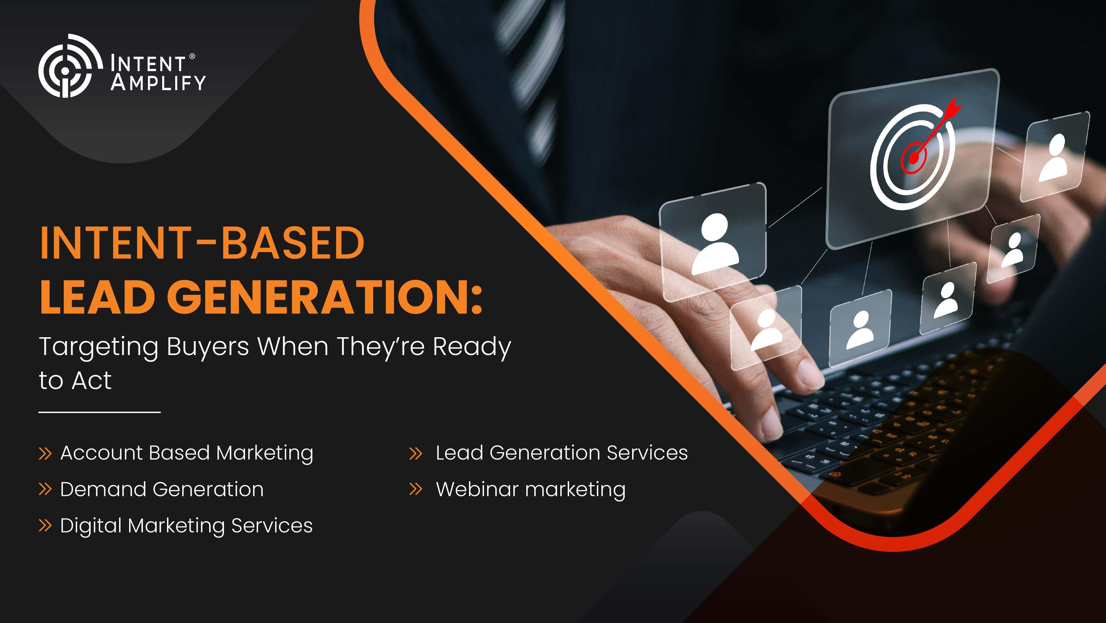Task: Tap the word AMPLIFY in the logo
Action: tap(158, 83)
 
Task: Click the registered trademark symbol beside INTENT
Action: tap(192, 56)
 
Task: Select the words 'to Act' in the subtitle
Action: tap(75, 380)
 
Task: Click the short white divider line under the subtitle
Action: tap(100, 412)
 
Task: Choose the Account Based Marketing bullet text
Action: tap(187, 453)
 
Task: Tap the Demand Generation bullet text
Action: tap(162, 489)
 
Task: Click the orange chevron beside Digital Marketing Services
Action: tap(45, 526)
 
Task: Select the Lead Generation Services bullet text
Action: tap(562, 453)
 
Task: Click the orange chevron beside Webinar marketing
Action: tap(416, 489)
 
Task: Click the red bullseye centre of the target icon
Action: tap(914, 158)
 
